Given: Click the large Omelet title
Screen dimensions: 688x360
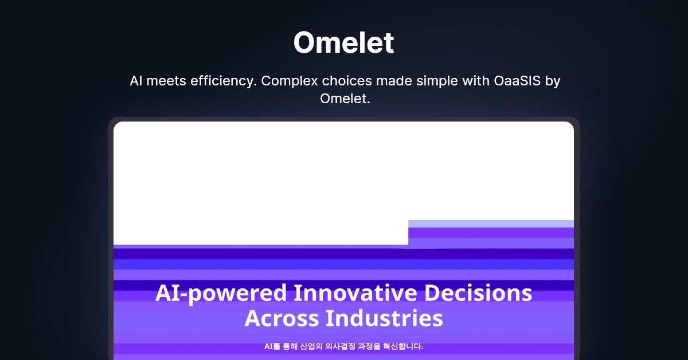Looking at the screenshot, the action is [343, 42].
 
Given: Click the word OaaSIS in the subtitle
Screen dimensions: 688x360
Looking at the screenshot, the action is [517, 81].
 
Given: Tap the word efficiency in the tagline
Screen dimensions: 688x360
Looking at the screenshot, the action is [224, 81].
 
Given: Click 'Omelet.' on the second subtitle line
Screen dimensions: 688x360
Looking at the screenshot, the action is [345, 99].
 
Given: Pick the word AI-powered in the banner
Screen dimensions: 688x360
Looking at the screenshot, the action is [221, 294].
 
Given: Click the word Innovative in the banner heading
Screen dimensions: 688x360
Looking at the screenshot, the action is [355, 293].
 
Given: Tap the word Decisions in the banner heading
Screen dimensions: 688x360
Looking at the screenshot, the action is [478, 293].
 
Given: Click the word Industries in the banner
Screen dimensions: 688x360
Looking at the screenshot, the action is [384, 318].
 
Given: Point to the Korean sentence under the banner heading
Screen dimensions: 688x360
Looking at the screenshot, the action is [343, 346].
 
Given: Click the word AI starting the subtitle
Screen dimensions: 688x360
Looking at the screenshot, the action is [136, 81].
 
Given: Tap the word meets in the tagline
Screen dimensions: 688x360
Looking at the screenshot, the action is [166, 81].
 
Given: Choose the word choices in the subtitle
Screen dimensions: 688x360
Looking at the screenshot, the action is [347, 81].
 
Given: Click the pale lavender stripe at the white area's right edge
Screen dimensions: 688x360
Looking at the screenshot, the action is [491, 224].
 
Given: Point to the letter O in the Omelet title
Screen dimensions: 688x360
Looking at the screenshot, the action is [306, 42].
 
